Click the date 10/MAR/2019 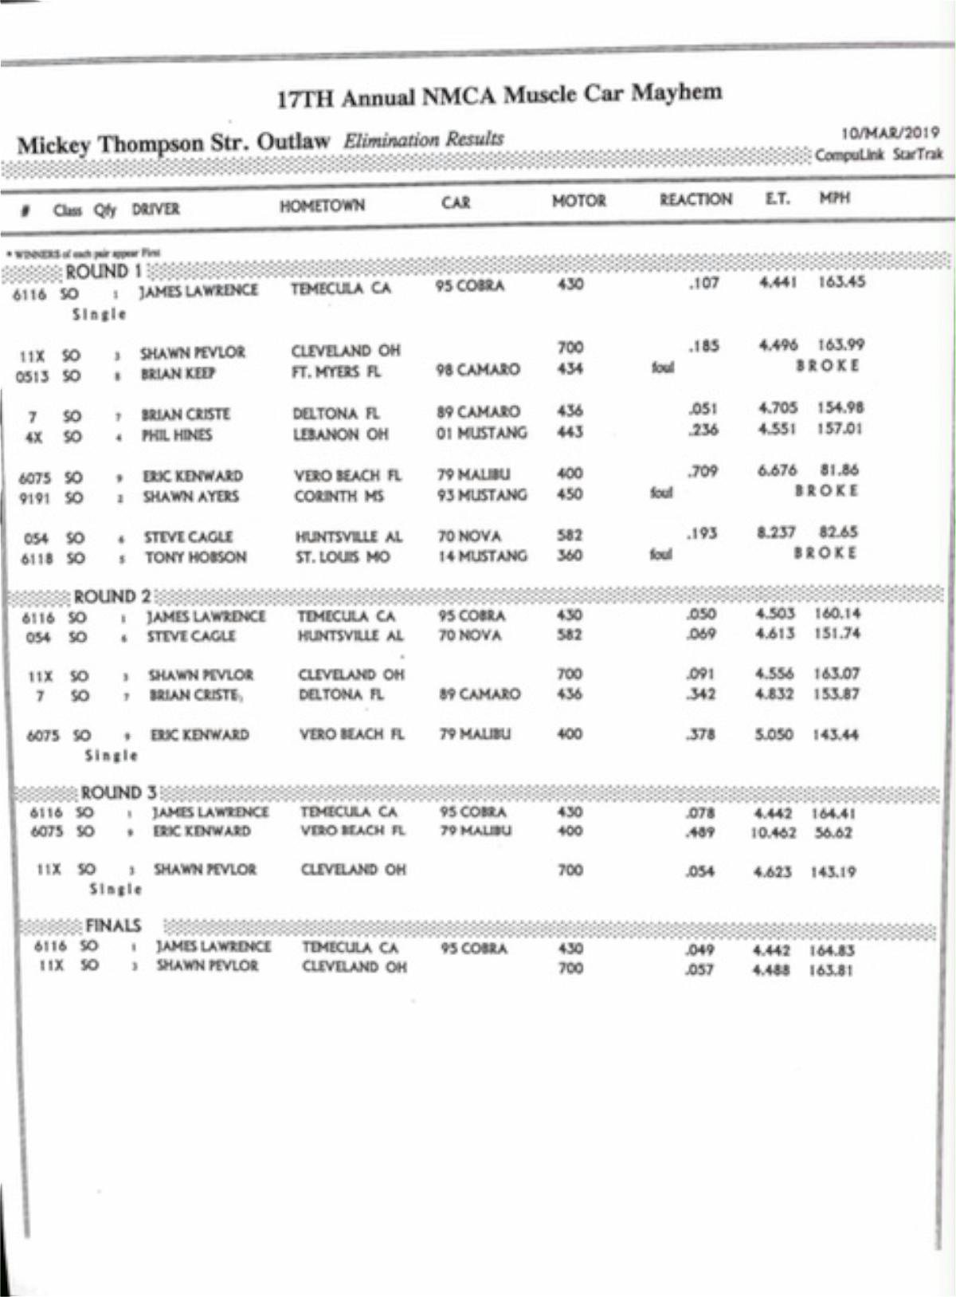point(890,133)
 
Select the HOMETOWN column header point(322,206)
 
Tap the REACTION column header point(695,199)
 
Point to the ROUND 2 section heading point(112,596)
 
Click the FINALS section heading point(113,926)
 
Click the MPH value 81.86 point(839,470)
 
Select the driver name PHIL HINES point(177,435)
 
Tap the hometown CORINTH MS point(339,496)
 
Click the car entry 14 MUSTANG point(482,556)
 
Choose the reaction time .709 point(703,472)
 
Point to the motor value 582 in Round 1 point(570,535)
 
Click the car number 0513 point(33,375)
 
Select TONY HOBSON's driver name point(195,557)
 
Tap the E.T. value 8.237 point(776,533)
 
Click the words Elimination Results point(423,140)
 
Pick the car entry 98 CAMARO point(477,370)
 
